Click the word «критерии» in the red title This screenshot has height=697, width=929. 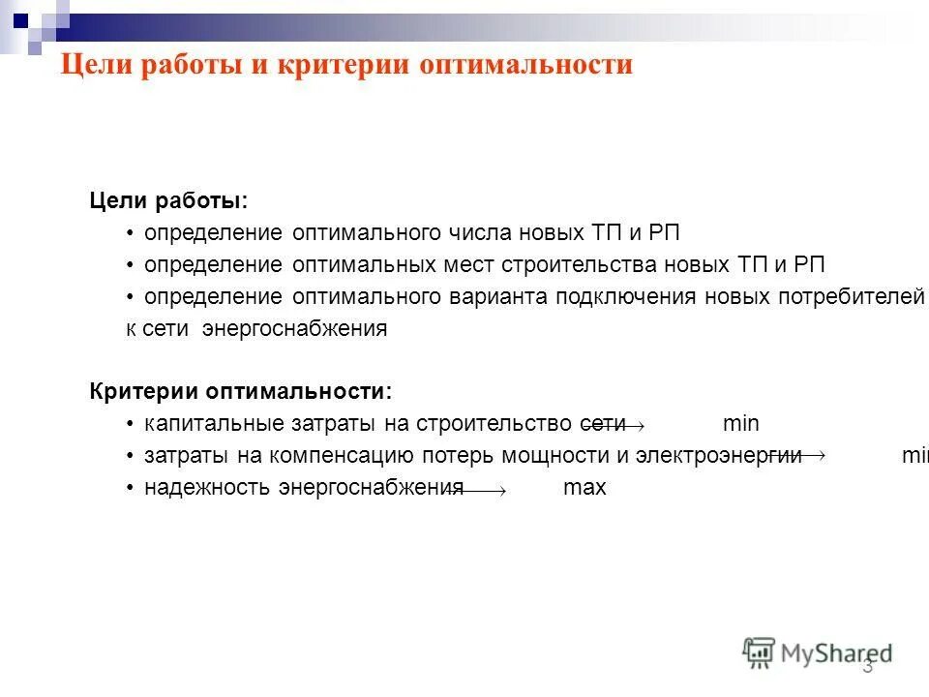pyautogui.click(x=341, y=65)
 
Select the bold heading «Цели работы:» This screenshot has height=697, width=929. pyautogui.click(x=168, y=200)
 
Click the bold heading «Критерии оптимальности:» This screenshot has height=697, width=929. pyautogui.click(x=241, y=391)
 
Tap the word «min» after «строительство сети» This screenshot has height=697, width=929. pyautogui.click(x=741, y=423)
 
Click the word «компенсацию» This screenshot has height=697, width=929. pyautogui.click(x=344, y=455)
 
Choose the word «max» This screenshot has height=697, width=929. pyautogui.click(x=584, y=487)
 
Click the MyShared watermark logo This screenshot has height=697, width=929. pyautogui.click(x=818, y=652)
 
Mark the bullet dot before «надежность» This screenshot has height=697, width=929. pyautogui.click(x=131, y=487)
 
